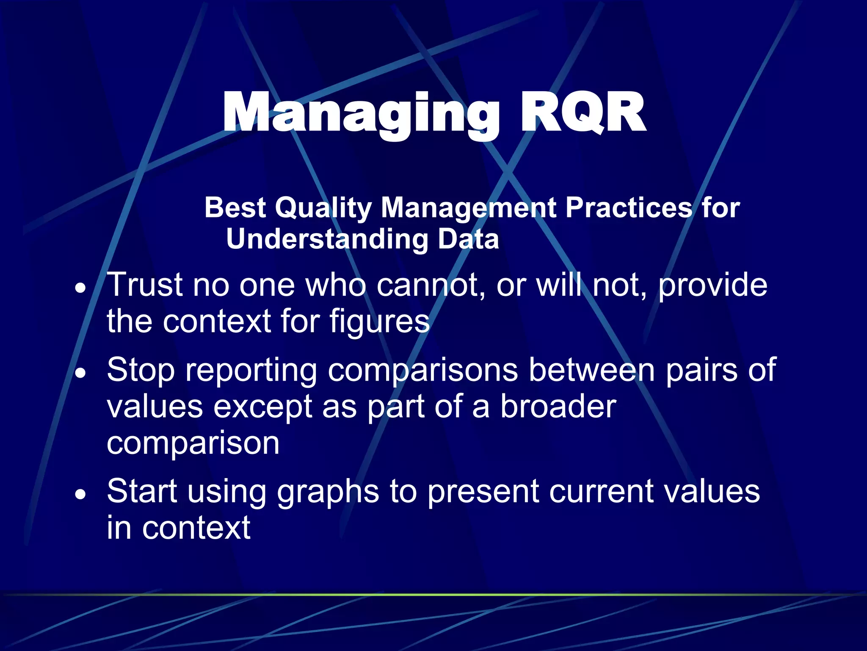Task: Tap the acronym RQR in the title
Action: (583, 114)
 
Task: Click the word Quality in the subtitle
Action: (323, 209)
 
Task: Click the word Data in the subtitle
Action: (468, 239)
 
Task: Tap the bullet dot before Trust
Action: (80, 289)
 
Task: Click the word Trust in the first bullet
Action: (144, 285)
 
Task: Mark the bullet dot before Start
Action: (80, 494)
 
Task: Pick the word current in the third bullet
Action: (601, 492)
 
